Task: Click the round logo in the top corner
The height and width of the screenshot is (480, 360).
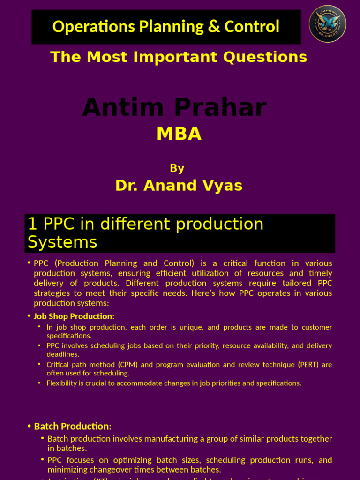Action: pyautogui.click(x=328, y=24)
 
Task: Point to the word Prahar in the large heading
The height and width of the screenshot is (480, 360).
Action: pyautogui.click(x=221, y=107)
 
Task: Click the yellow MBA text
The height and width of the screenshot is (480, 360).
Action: pyautogui.click(x=179, y=134)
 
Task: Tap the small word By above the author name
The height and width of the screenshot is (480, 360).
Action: pyautogui.click(x=177, y=168)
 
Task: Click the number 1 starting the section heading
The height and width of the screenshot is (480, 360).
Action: pyautogui.click(x=32, y=224)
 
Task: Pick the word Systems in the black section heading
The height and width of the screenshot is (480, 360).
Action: pyautogui.click(x=62, y=242)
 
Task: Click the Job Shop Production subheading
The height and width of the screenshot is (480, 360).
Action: pyautogui.click(x=73, y=316)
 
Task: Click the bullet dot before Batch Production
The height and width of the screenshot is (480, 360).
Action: pyautogui.click(x=30, y=427)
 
